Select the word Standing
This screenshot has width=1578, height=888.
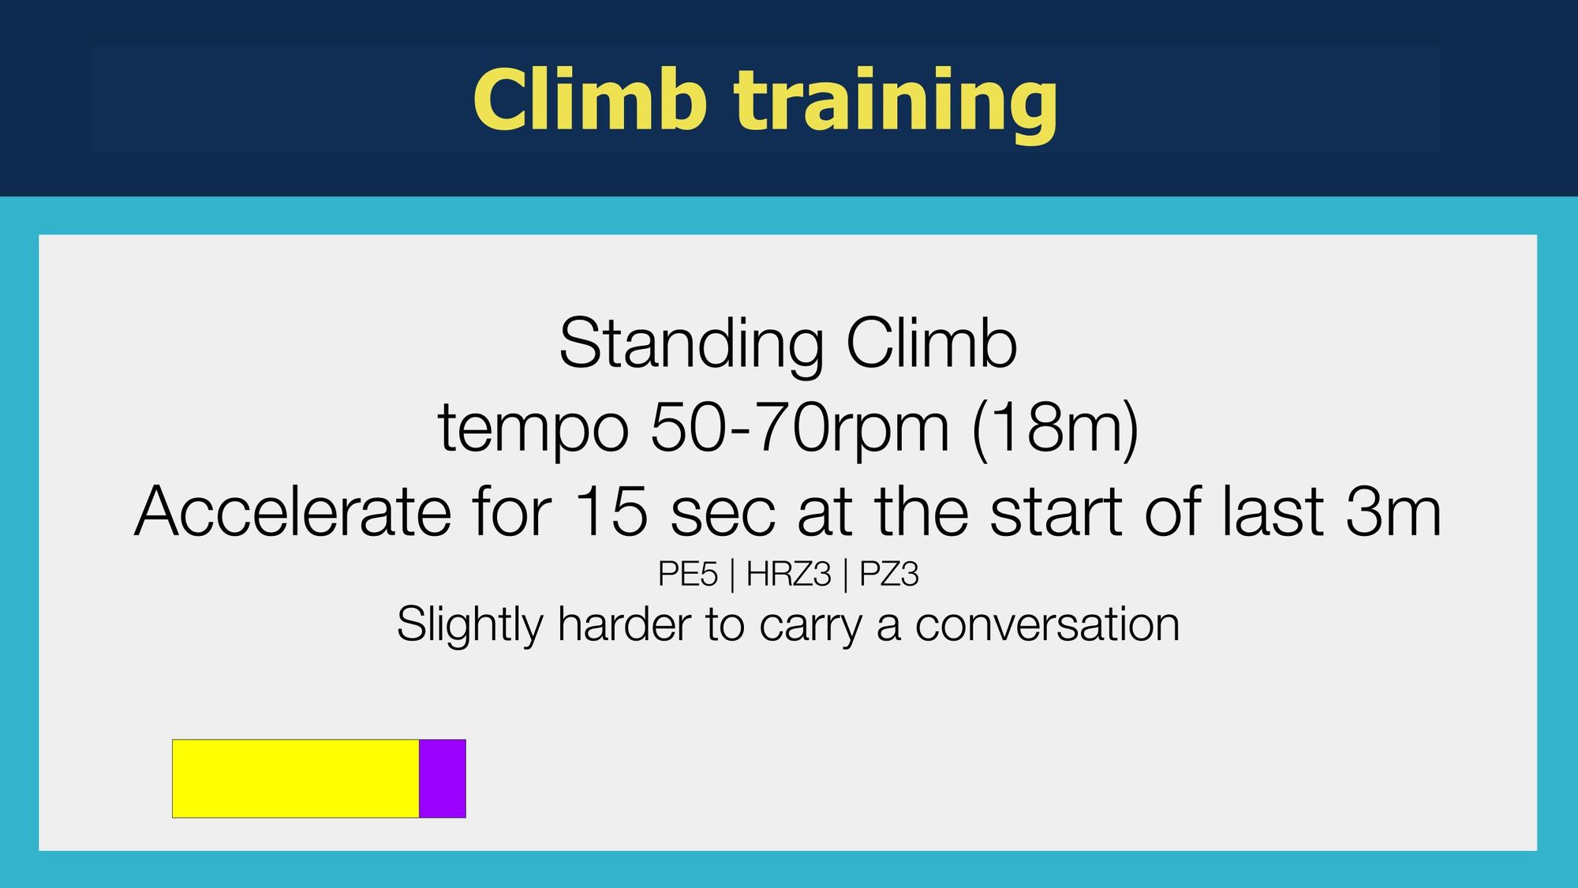coord(692,345)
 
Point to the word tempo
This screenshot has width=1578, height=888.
coord(533,429)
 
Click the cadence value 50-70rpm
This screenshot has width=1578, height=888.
coord(800,429)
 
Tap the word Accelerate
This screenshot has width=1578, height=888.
coord(293,511)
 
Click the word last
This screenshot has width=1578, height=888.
coord(1273,511)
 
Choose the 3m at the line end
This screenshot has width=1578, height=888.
coord(1394,511)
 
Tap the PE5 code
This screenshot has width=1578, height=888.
coord(688,575)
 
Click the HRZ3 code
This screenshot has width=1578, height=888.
coord(789,575)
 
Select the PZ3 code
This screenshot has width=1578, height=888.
coord(889,575)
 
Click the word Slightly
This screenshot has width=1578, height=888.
coord(470,625)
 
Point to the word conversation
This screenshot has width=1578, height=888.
coord(1048,626)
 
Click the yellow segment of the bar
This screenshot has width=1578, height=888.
coord(296,778)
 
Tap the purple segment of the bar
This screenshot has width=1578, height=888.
coord(443,778)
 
